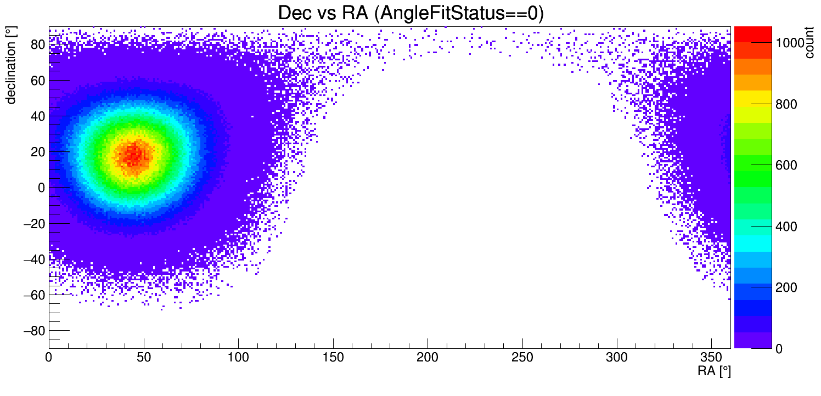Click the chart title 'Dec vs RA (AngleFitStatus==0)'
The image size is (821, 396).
[410, 13]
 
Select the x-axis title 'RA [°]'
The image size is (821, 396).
[714, 371]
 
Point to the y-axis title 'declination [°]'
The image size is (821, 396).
[11, 65]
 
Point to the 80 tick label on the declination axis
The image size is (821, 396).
[37, 45]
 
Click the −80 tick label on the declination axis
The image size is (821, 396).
[34, 331]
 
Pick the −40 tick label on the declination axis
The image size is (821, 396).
[34, 259]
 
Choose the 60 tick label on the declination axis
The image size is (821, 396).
[37, 81]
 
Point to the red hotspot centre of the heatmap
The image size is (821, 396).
[134, 155]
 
